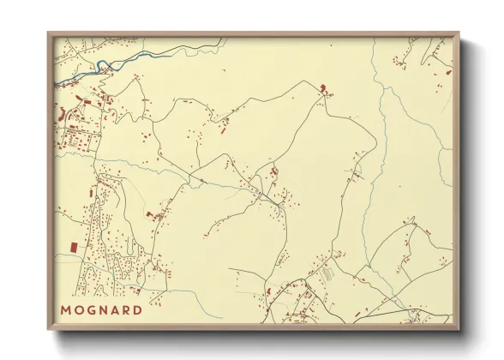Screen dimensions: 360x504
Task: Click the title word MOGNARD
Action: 101,309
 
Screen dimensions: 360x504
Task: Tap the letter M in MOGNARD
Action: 66,309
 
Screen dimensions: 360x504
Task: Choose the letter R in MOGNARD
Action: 126,309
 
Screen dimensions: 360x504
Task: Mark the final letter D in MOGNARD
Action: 138,309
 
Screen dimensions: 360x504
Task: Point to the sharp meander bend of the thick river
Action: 101,66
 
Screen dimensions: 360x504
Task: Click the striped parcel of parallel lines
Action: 327,273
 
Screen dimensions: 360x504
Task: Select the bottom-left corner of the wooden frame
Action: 49,329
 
